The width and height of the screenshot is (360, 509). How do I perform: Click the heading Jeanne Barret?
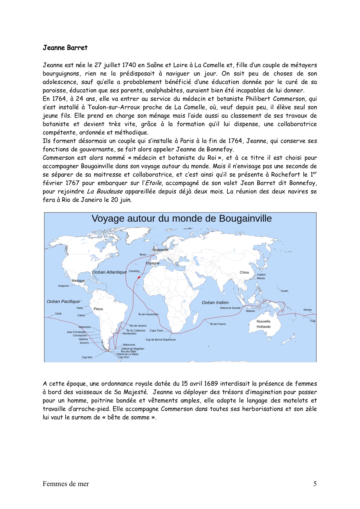click(65, 48)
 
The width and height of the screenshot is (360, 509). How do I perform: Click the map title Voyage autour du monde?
click(181, 218)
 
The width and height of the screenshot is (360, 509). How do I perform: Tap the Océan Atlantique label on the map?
click(109, 272)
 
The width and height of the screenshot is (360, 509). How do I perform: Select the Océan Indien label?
click(215, 303)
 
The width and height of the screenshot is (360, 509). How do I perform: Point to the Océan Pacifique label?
click(63, 301)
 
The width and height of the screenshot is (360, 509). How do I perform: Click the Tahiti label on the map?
click(58, 314)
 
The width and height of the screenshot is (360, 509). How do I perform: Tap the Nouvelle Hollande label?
click(263, 324)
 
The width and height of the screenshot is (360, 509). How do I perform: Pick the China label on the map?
click(244, 272)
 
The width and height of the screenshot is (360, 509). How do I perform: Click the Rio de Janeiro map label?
click(138, 326)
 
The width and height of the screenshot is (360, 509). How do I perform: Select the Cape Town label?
click(156, 330)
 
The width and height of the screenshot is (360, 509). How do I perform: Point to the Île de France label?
click(218, 324)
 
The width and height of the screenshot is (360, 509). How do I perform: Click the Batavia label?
click(250, 311)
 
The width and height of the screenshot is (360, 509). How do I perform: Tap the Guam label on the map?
click(284, 291)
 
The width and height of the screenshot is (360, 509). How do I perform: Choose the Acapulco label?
click(63, 286)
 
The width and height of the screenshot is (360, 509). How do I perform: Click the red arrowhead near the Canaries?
click(139, 278)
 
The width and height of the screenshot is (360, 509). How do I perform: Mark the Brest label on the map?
click(143, 255)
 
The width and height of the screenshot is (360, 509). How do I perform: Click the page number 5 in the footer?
click(315, 484)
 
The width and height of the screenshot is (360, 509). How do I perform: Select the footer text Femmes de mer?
click(66, 484)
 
